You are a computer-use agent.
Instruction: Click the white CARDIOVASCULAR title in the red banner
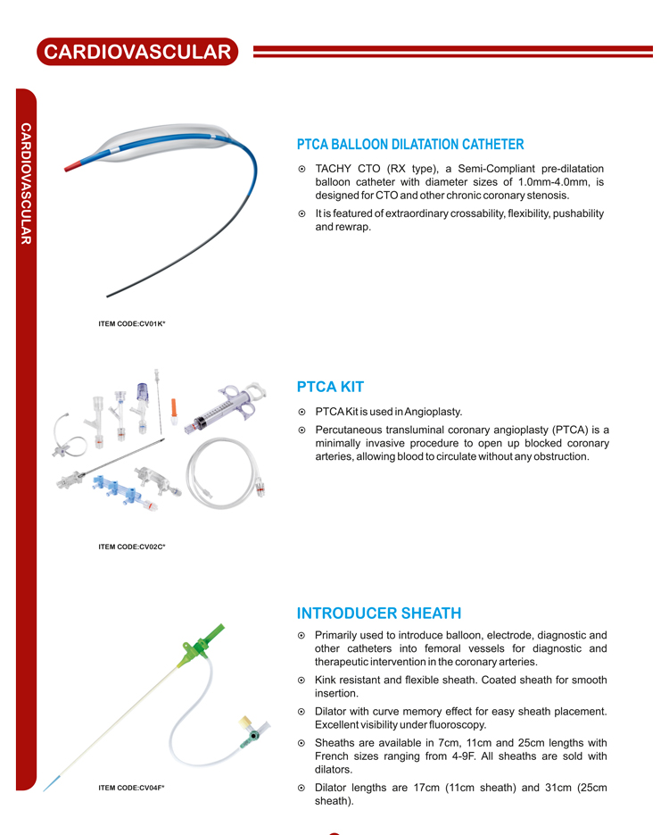[x=137, y=52]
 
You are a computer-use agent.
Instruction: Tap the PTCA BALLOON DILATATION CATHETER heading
[x=410, y=145]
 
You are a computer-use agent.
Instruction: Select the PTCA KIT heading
[x=330, y=387]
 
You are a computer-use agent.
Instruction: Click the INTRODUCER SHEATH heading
[x=379, y=614]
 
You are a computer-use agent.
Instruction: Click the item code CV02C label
[x=132, y=546]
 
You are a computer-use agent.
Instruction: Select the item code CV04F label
[x=132, y=787]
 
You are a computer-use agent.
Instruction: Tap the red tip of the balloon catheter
[x=76, y=164]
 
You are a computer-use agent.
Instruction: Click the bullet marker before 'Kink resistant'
[x=302, y=681]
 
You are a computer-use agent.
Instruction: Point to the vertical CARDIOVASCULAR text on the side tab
[x=26, y=183]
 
